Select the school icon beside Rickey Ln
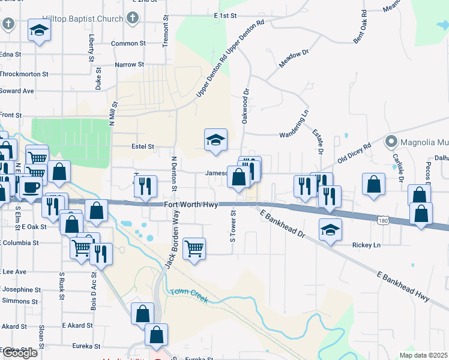330,230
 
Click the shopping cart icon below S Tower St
194,248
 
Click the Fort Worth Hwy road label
190,205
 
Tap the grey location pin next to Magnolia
391,142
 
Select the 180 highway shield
382,221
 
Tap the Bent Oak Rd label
361,29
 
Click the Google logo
20,353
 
